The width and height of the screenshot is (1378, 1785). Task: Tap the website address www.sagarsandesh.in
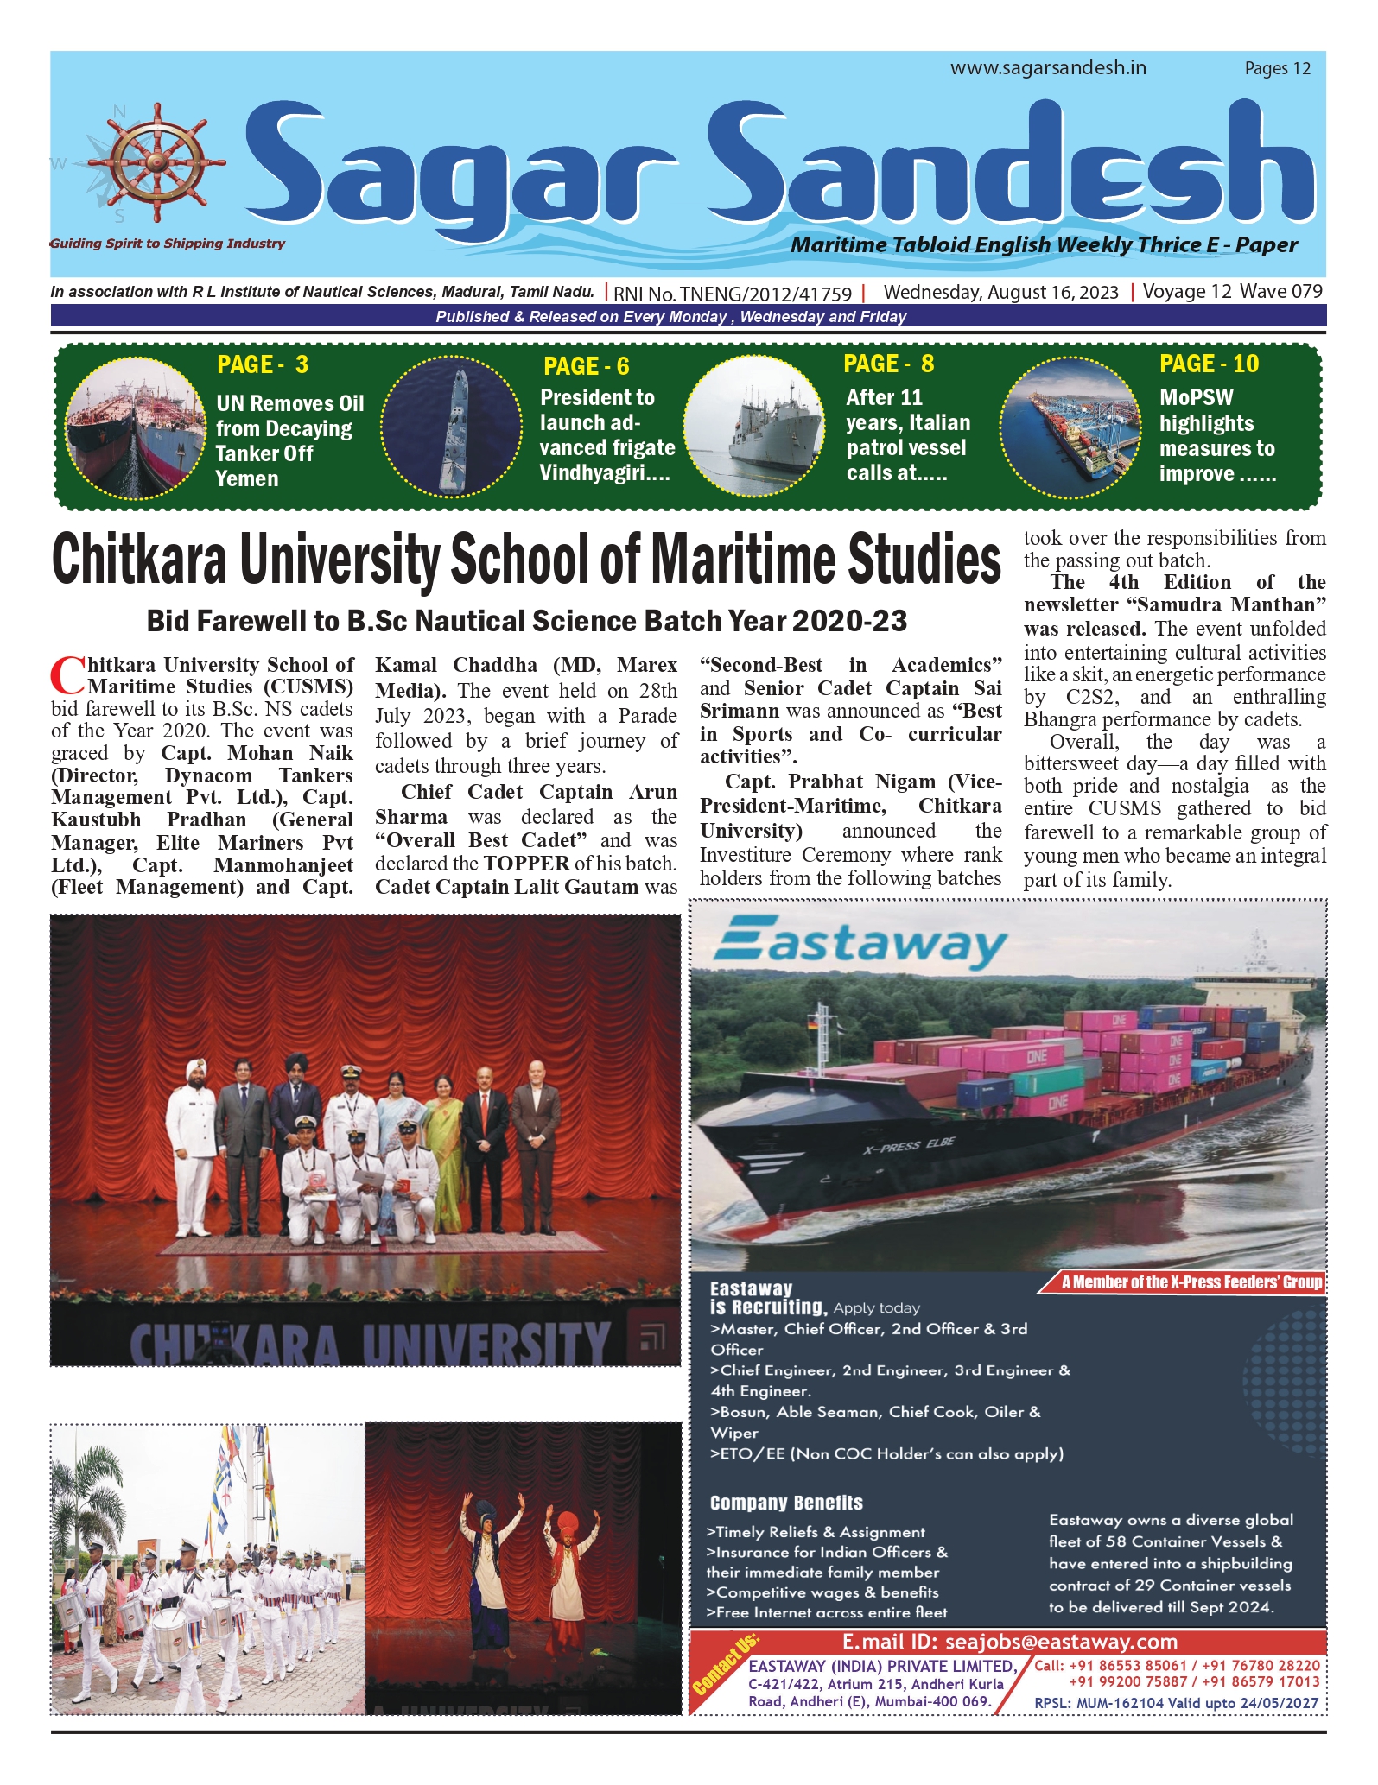(x=1048, y=68)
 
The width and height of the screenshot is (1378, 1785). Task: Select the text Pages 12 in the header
(x=1277, y=69)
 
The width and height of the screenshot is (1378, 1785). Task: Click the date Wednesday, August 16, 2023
(x=1000, y=293)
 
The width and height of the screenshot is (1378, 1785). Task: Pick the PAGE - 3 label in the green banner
(x=263, y=365)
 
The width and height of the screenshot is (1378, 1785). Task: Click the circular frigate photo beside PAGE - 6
(x=451, y=427)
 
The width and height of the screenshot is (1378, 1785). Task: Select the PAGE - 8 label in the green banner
(x=888, y=364)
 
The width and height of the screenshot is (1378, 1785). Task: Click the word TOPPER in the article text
(x=526, y=864)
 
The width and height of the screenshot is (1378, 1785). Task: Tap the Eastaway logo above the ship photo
(x=860, y=946)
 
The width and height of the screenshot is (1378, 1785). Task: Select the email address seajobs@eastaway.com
(x=1061, y=1642)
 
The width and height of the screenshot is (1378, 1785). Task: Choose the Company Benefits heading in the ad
(x=786, y=1503)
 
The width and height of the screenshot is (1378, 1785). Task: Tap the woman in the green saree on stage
(x=448, y=1149)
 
